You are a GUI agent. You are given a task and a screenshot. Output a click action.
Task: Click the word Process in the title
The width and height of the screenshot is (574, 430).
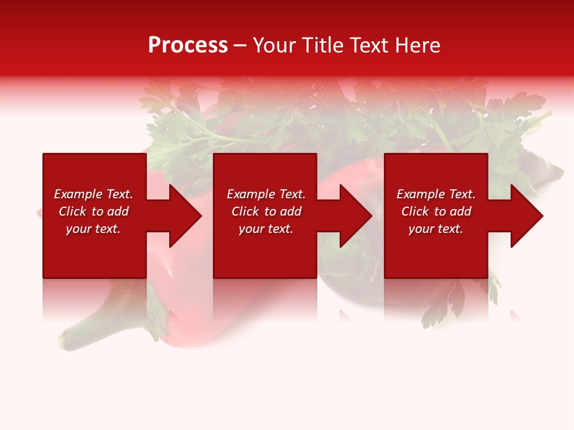click(x=188, y=45)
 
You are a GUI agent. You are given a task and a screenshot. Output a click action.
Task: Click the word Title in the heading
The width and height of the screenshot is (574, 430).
click(x=322, y=45)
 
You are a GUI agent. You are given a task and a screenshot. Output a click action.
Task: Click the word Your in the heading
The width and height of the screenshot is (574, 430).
click(x=275, y=45)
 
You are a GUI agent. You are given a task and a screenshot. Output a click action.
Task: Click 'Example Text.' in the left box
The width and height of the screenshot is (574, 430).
click(x=93, y=194)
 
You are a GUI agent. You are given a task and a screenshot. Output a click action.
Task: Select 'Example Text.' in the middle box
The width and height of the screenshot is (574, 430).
click(x=266, y=194)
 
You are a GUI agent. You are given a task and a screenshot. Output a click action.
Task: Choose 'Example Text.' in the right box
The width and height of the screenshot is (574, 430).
click(x=436, y=194)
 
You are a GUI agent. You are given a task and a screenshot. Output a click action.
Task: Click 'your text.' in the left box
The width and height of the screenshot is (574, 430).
click(x=93, y=229)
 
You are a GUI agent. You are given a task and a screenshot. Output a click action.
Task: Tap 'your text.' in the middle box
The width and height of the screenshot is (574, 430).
click(x=266, y=229)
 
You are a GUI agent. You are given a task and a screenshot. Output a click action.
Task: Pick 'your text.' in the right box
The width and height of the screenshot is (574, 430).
click(x=436, y=229)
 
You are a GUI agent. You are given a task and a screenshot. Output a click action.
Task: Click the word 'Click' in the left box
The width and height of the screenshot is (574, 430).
click(x=72, y=211)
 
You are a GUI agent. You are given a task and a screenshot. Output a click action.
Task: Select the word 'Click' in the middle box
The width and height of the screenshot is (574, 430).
click(x=245, y=211)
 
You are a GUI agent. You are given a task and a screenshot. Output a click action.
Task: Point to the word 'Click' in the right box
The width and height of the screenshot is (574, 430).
click(x=415, y=211)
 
